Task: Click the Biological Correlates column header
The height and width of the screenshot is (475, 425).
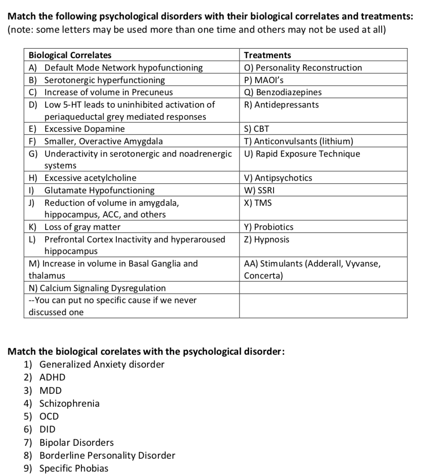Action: pyautogui.click(x=70, y=55)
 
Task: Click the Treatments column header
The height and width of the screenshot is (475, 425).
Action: pyautogui.click(x=267, y=55)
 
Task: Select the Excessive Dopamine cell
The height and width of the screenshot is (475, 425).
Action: pyautogui.click(x=84, y=129)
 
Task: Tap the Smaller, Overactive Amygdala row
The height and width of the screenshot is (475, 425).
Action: pyautogui.click(x=104, y=141)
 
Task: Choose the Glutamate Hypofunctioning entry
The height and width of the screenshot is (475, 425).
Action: pyautogui.click(x=99, y=190)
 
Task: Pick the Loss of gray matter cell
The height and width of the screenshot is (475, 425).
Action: pyautogui.click(x=82, y=227)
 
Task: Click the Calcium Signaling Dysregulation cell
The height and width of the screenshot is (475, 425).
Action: pyautogui.click(x=97, y=288)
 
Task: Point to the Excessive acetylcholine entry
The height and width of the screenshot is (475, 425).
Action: pyautogui.click(x=90, y=178)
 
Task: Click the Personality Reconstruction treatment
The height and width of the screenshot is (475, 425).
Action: pyautogui.click(x=303, y=68)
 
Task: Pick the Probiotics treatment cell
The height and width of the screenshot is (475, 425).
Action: pyautogui.click(x=269, y=227)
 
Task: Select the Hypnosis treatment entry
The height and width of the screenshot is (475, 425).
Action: pyautogui.click(x=267, y=240)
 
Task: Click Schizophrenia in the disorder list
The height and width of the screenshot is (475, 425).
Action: pyautogui.click(x=69, y=403)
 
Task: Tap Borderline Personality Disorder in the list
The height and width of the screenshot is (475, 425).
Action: pyautogui.click(x=107, y=455)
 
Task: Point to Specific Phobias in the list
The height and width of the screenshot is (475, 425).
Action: pyautogui.click(x=74, y=468)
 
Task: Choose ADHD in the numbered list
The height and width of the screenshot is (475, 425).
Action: pyautogui.click(x=52, y=377)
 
